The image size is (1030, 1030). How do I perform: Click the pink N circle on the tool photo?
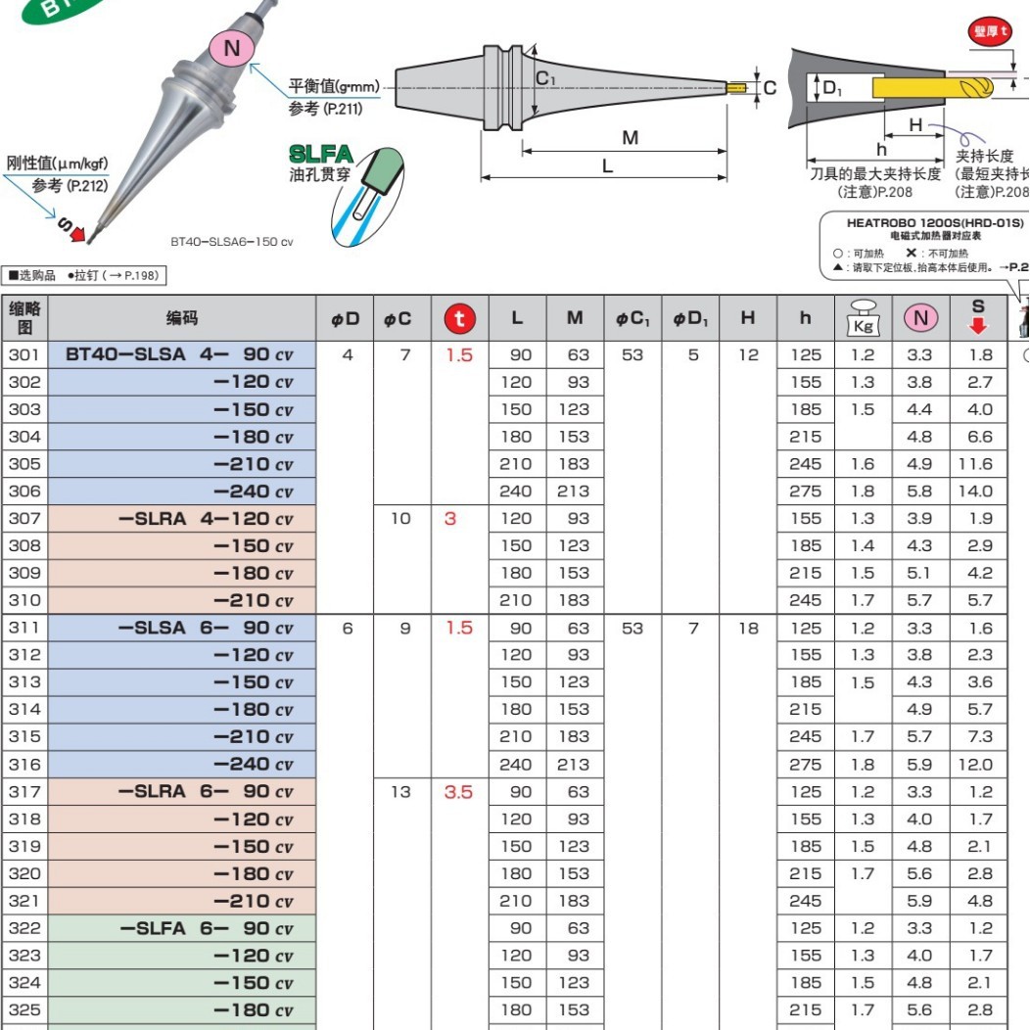click(232, 49)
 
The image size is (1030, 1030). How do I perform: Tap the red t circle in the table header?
click(459, 318)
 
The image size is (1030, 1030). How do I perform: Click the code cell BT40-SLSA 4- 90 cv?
click(180, 355)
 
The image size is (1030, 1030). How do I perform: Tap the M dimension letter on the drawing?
click(630, 138)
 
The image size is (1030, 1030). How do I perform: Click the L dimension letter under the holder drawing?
click(607, 165)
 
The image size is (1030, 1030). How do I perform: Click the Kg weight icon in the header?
click(862, 318)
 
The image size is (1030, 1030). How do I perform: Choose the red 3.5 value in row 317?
click(459, 792)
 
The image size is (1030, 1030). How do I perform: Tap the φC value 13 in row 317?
click(400, 792)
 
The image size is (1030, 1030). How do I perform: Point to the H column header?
click(747, 318)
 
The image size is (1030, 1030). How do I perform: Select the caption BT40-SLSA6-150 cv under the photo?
click(231, 241)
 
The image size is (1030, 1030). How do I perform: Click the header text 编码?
click(181, 318)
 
